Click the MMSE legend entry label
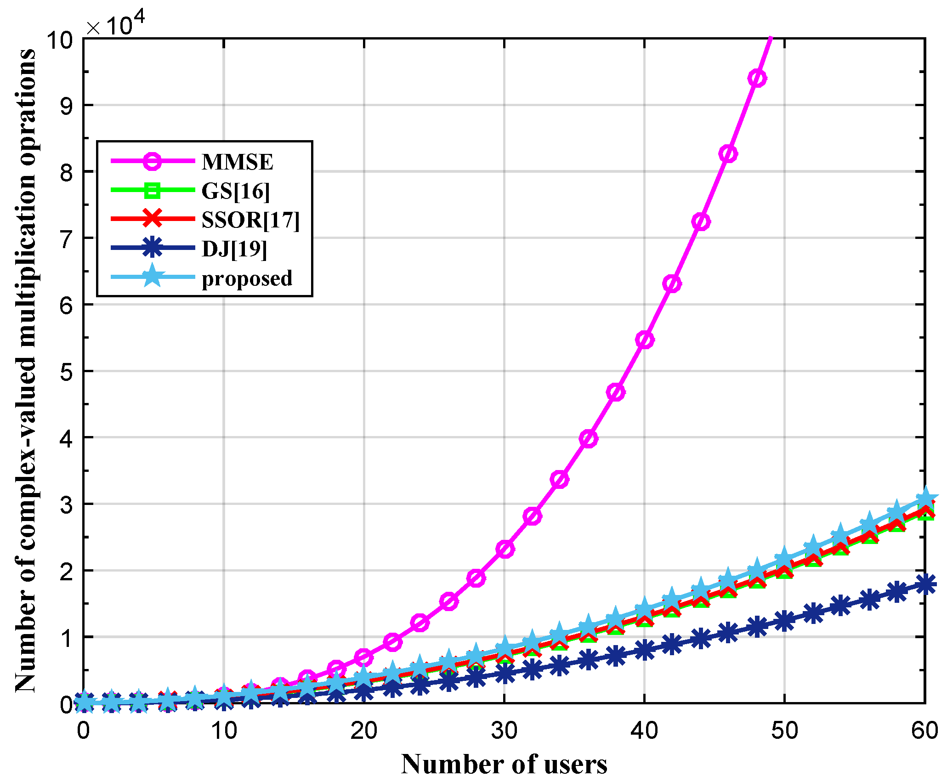click(x=237, y=162)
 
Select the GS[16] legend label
click(x=236, y=191)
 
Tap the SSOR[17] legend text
click(x=250, y=220)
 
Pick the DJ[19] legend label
click(x=234, y=249)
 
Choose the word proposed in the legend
click(x=247, y=278)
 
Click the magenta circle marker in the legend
click(x=152, y=161)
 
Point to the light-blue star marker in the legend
click(x=152, y=277)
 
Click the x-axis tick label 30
click(x=504, y=730)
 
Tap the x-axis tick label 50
click(x=784, y=730)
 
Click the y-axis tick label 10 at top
click(x=60, y=40)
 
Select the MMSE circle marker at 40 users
click(x=645, y=340)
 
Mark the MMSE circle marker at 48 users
click(x=757, y=79)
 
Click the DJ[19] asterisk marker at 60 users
click(x=924, y=584)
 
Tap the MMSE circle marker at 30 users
click(x=505, y=549)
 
